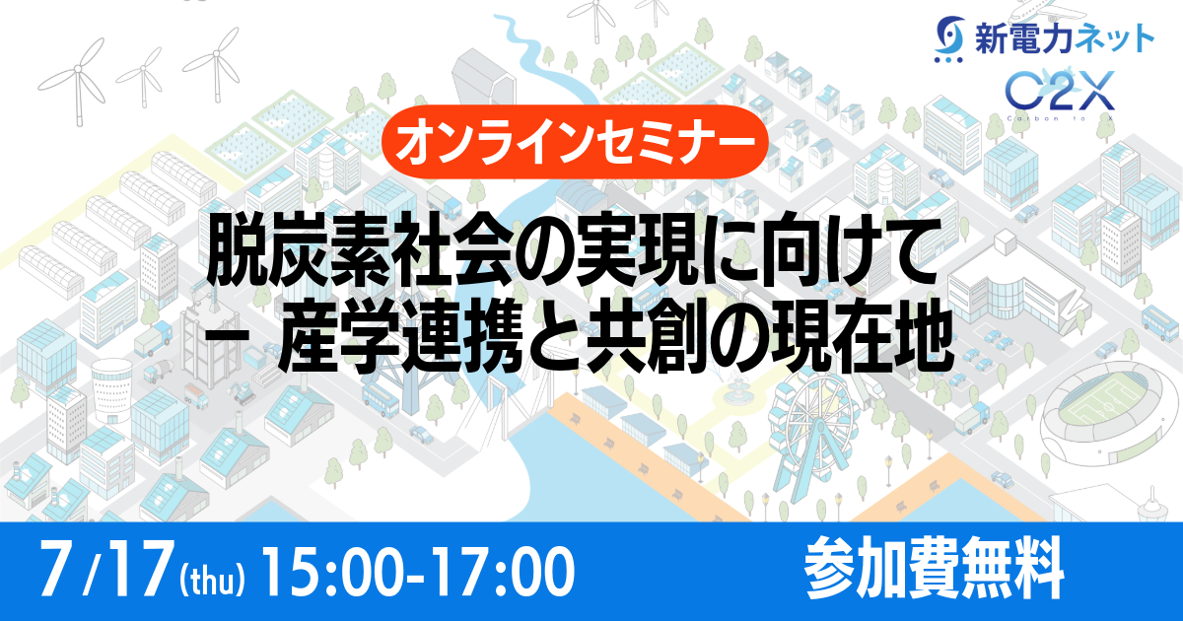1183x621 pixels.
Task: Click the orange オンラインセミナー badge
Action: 574,141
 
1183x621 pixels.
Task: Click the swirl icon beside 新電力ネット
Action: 948,39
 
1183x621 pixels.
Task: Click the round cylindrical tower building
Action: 112,389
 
